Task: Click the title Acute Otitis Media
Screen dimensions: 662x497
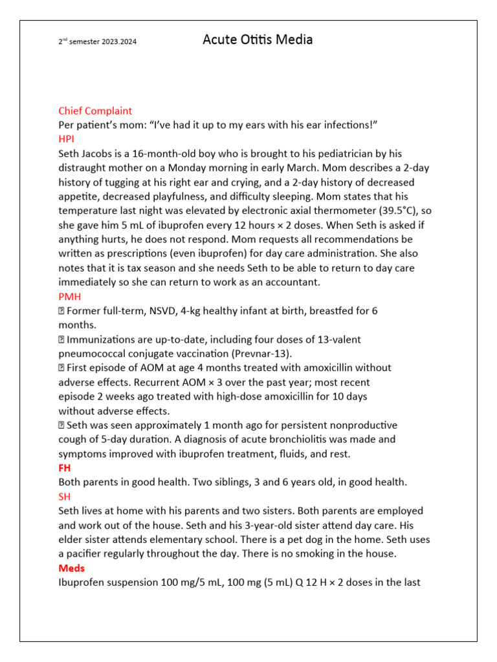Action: (258, 40)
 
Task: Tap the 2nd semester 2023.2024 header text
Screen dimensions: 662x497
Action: (98, 43)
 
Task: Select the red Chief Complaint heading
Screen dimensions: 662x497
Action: (95, 111)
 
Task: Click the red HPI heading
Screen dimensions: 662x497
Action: (67, 139)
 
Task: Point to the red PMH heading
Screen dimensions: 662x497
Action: (69, 296)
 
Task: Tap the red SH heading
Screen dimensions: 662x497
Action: (65, 496)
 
